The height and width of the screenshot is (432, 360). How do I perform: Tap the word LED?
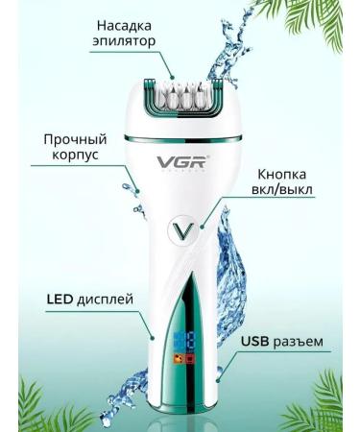point(62,299)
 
